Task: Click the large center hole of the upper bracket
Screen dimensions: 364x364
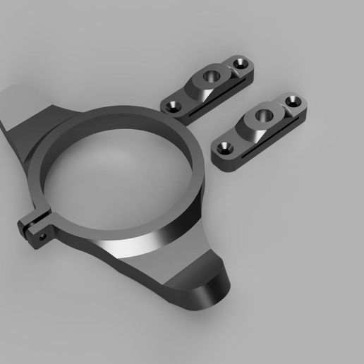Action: point(210,74)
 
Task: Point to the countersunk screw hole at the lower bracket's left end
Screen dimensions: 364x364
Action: point(226,147)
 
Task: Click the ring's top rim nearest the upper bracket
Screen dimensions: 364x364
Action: point(169,120)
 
